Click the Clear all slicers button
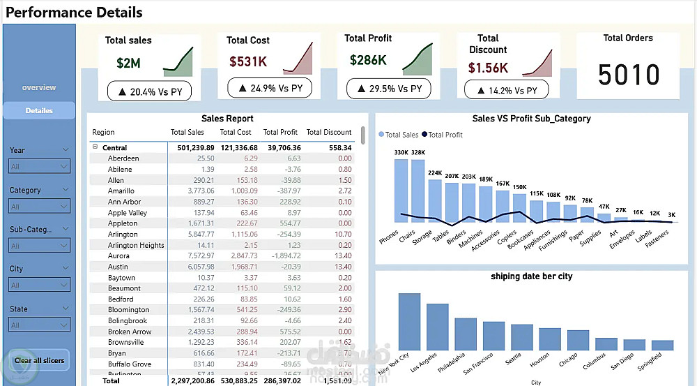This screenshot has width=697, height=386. pyautogui.click(x=39, y=360)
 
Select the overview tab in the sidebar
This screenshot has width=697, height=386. pyautogui.click(x=39, y=87)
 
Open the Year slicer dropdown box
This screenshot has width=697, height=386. pyautogui.click(x=39, y=166)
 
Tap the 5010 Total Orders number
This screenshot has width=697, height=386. pyautogui.click(x=629, y=75)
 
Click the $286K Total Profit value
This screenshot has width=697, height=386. pyautogui.click(x=368, y=61)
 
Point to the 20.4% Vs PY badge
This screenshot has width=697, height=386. pyautogui.click(x=149, y=91)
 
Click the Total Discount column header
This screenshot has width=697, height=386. pyautogui.click(x=329, y=132)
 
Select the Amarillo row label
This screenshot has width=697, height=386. pyautogui.click(x=121, y=191)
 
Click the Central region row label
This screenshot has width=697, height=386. pyautogui.click(x=114, y=148)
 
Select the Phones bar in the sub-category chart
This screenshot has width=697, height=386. pyautogui.click(x=401, y=191)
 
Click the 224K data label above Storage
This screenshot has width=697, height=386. pyautogui.click(x=435, y=173)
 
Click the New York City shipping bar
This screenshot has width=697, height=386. pyautogui.click(x=409, y=321)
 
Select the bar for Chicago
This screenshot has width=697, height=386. pyautogui.click(x=578, y=340)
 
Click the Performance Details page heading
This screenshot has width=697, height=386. pyautogui.click(x=75, y=13)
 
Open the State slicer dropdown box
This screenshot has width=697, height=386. pyautogui.click(x=39, y=325)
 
